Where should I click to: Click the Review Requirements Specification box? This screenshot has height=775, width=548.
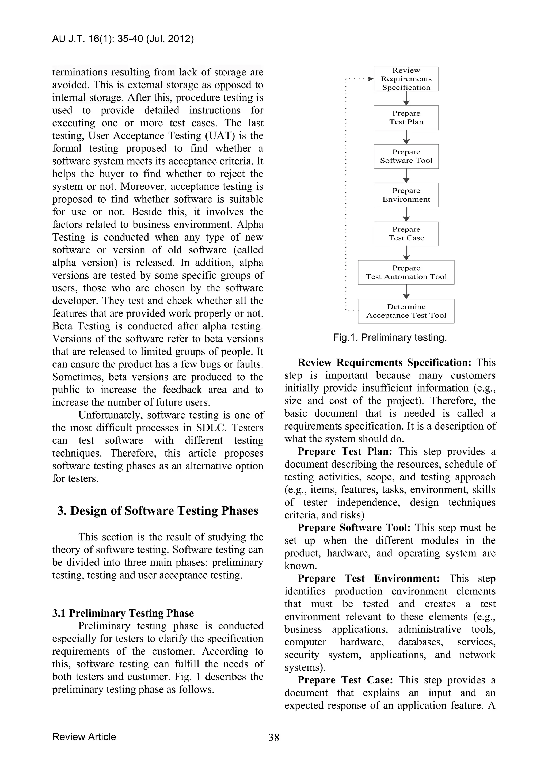pyautogui.click(x=406, y=79)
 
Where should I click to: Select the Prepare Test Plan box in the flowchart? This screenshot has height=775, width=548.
pyautogui.click(x=406, y=117)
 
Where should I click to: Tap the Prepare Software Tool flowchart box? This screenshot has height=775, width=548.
pyautogui.click(x=406, y=156)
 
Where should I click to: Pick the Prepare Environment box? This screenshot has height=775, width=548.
pyautogui.click(x=406, y=195)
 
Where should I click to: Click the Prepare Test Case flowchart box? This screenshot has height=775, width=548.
pyautogui.click(x=406, y=234)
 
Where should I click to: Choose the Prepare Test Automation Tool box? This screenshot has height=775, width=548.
pyautogui.click(x=406, y=272)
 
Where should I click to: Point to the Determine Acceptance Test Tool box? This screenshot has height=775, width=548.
pyautogui.click(x=406, y=311)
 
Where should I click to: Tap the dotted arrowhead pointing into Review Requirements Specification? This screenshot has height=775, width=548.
pyautogui.click(x=371, y=79)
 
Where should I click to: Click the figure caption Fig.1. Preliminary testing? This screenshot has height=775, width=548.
pyautogui.click(x=390, y=337)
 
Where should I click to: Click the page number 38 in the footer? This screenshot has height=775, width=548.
pyautogui.click(x=274, y=738)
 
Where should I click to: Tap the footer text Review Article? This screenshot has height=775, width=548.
pyautogui.click(x=84, y=736)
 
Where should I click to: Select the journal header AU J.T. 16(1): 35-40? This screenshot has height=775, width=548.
pyautogui.click(x=123, y=39)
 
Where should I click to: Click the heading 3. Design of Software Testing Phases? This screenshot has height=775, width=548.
pyautogui.click(x=158, y=511)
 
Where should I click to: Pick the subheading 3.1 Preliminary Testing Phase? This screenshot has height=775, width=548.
pyautogui.click(x=123, y=613)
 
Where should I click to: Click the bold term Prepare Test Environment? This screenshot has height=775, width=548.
pyautogui.click(x=368, y=578)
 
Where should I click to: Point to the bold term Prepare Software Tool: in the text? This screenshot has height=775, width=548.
pyautogui.click(x=354, y=527)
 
